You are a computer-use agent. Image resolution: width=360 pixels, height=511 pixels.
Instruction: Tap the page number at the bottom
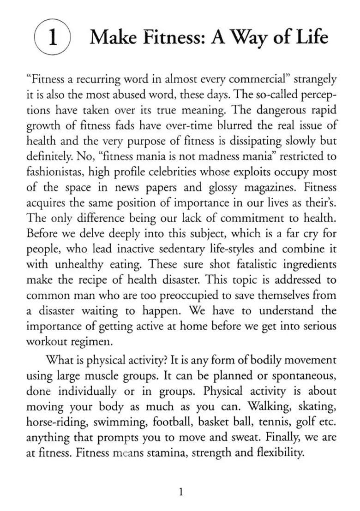pos(181,492)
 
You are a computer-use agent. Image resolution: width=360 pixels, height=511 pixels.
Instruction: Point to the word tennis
pos(263,422)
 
